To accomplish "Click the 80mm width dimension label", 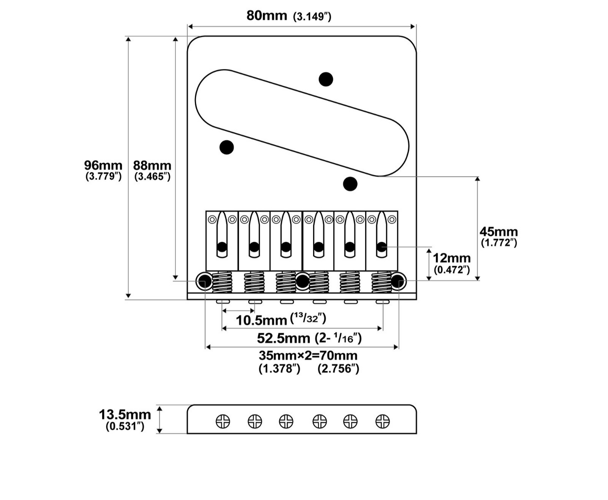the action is [267, 16].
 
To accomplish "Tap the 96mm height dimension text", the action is [103, 165].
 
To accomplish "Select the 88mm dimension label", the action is [152, 165].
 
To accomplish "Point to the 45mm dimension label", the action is [499, 232].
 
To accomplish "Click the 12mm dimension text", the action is [452, 258].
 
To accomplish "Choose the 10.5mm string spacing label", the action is [261, 320].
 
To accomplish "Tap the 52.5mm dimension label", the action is [284, 339].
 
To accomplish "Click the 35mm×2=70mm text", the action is [308, 356].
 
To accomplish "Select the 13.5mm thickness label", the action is [125, 415].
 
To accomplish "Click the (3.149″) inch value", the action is [312, 17].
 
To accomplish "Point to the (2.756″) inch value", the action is [338, 369].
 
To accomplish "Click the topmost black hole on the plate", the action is [326, 79].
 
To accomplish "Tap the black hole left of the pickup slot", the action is [227, 147].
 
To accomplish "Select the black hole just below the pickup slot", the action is [350, 184].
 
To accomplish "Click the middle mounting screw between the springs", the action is [303, 281].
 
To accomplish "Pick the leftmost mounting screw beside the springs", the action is [204, 280].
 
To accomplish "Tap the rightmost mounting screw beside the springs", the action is [398, 280].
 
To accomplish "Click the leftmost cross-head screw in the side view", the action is [223, 422].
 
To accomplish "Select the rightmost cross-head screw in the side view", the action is [382, 422].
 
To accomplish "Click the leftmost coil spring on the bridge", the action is [222, 282].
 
